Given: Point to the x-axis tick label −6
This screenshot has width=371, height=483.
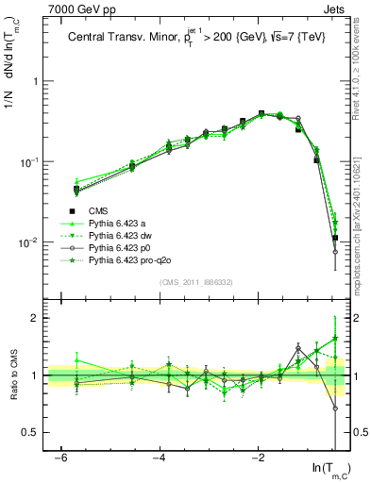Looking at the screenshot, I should [60, 457].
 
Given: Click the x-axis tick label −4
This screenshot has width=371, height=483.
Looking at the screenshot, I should [160, 457].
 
